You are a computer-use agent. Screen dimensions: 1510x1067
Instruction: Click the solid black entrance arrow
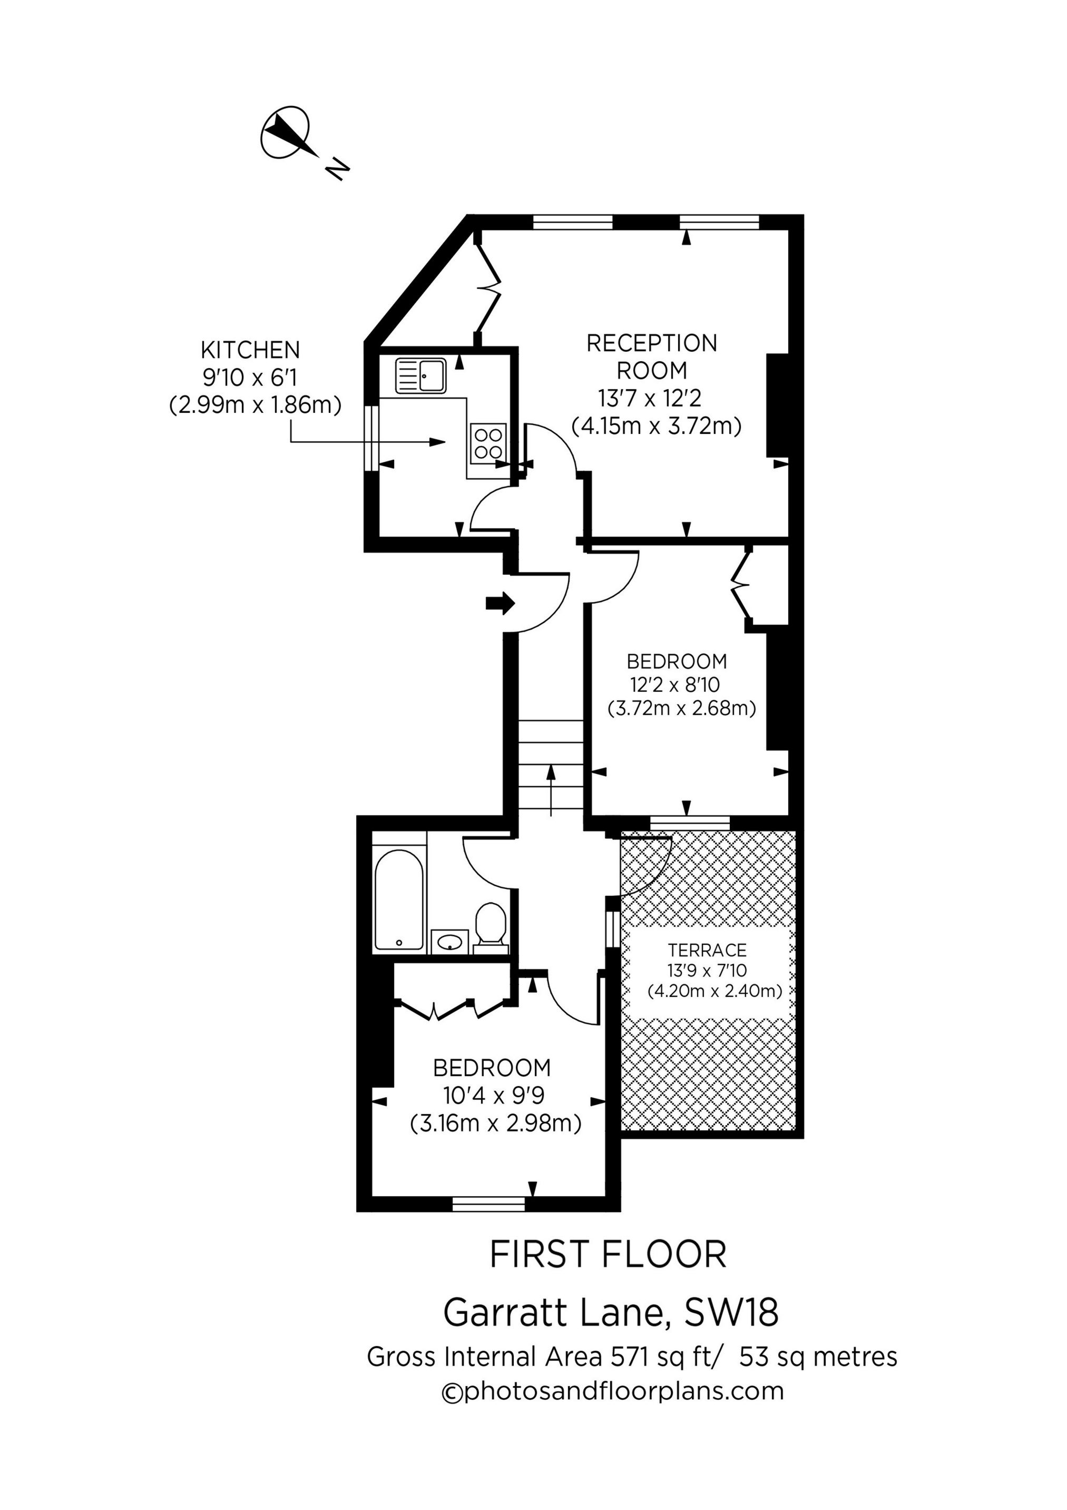coord(500,603)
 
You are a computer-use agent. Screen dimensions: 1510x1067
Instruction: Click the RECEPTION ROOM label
coord(651,356)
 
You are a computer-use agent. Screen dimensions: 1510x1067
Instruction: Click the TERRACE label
coord(708,950)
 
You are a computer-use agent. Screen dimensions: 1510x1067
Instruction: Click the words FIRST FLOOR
coord(608,1255)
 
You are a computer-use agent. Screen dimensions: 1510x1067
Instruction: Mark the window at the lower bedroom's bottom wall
coord(489,1204)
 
